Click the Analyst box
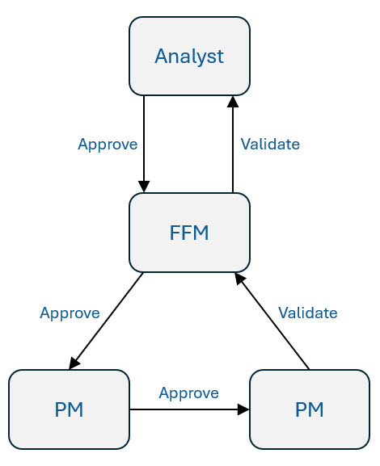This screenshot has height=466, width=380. tap(189, 57)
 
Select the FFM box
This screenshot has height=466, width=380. tap(189, 233)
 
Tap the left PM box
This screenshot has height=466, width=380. tap(69, 409)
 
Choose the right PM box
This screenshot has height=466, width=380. tap(310, 409)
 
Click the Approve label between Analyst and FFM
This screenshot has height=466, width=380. tap(108, 145)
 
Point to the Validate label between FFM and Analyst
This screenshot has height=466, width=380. tap(270, 145)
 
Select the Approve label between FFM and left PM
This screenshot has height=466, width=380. tap(70, 313)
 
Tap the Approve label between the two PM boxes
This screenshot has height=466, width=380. tap(188, 393)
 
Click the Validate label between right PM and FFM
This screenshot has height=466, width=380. tap(307, 313)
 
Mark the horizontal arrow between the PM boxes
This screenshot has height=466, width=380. tap(186, 409)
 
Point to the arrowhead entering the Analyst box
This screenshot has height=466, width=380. tap(233, 102)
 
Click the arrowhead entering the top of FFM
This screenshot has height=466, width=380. tap(144, 187)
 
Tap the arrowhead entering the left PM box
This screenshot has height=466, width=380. tap(74, 363)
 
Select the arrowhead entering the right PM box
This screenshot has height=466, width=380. tap(243, 409)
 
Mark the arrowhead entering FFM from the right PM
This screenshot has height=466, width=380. tap(239, 278)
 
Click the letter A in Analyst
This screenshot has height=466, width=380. tap(161, 57)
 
